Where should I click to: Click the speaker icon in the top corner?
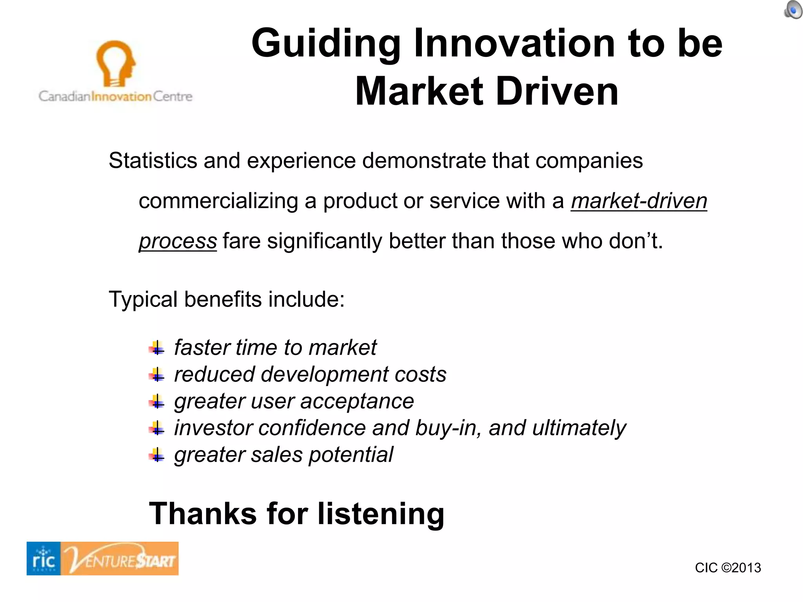(x=793, y=9)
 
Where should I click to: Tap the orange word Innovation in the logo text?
(x=121, y=96)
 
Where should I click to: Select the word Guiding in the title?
(x=326, y=44)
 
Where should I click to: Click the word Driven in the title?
(x=557, y=92)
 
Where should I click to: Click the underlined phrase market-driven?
(x=639, y=201)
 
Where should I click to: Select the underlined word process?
(x=178, y=241)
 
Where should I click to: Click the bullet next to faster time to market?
(x=157, y=348)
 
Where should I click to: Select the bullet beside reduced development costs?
(x=157, y=375)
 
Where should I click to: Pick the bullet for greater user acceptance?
(x=157, y=401)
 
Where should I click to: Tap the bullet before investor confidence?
(x=157, y=428)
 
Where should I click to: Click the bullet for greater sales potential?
(x=157, y=455)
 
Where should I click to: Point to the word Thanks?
(x=203, y=514)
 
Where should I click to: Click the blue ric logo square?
(x=44, y=558)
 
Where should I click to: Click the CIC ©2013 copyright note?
(x=728, y=568)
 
